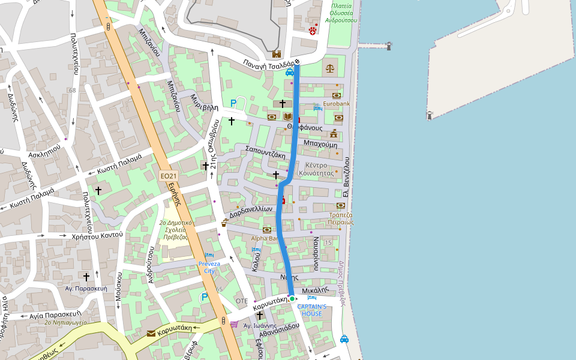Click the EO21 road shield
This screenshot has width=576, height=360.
pyautogui.click(x=169, y=176)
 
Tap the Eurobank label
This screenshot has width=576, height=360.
pyautogui.click(x=336, y=104)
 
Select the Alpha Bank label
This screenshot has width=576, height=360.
pyautogui.click(x=265, y=238)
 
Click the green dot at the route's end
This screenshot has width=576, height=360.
pyautogui.click(x=292, y=298)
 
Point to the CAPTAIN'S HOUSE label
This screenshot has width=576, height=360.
pyautogui.click(x=312, y=310)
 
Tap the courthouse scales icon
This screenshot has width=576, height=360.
pyautogui.click(x=330, y=68)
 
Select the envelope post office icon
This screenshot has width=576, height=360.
pyautogui.click(x=151, y=333)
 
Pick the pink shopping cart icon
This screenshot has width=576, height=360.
pyautogui.click(x=233, y=324)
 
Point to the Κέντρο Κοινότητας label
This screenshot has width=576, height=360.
pyautogui.click(x=320, y=169)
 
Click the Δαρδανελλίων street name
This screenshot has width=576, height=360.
pyautogui.click(x=251, y=211)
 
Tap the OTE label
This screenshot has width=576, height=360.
pyautogui.click(x=242, y=301)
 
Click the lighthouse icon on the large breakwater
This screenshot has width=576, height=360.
pyautogui.click(x=430, y=115)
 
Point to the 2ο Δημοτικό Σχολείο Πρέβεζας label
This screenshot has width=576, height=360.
pyautogui.click(x=176, y=229)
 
